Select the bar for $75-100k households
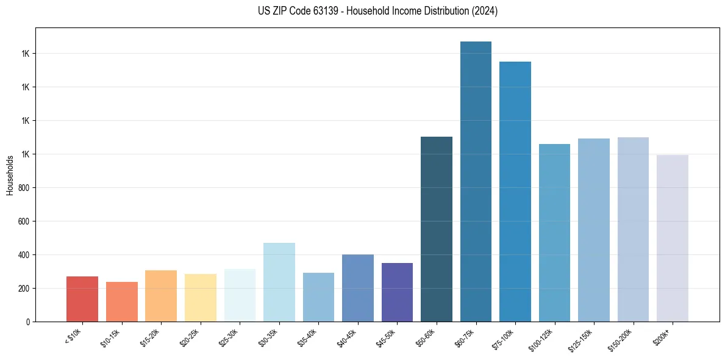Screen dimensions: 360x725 (x=515, y=192)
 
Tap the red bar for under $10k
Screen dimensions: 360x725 (x=82, y=299)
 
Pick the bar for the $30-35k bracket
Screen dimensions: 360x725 (x=279, y=282)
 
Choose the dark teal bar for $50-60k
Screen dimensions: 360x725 (x=437, y=229)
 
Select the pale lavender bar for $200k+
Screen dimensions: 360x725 (x=672, y=238)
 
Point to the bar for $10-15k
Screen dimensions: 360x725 (x=122, y=301)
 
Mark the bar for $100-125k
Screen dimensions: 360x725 (x=554, y=232)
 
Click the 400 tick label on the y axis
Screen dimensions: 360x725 (x=24, y=255)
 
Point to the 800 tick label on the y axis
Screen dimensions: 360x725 (x=24, y=188)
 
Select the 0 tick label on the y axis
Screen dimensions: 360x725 (x=28, y=322)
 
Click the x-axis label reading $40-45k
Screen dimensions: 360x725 (x=346, y=337)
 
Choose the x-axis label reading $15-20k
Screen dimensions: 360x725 (x=149, y=337)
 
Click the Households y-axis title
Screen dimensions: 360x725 (x=10, y=175)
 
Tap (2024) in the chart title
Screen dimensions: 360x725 (x=485, y=11)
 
